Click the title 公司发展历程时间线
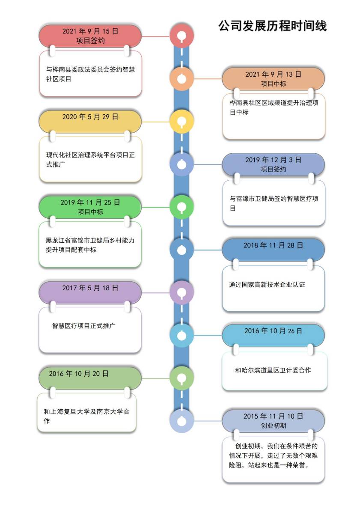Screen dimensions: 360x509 click(x=272, y=26)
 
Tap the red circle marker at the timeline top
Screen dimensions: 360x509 click(x=182, y=36)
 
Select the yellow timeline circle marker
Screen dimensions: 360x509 click(x=182, y=122)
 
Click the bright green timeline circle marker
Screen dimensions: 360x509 click(x=182, y=207)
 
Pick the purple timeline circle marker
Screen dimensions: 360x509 click(x=182, y=292)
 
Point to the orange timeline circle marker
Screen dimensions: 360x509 click(x=182, y=79)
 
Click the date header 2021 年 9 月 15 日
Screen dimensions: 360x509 click(x=90, y=31)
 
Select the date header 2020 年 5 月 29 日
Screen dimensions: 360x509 click(x=90, y=117)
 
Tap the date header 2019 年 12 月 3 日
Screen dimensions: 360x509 click(x=274, y=160)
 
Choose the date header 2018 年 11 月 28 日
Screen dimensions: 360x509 click(x=274, y=245)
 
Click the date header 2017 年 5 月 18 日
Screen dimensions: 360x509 click(x=90, y=288)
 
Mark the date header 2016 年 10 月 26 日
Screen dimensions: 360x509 click(x=274, y=331)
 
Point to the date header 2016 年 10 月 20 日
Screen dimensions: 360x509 click(x=79, y=374)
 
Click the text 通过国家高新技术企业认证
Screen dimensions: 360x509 click(x=267, y=285)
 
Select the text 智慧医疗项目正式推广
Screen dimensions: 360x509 click(x=84, y=326)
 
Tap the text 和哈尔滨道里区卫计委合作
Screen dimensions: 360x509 click(x=273, y=370)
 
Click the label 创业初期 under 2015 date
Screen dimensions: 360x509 click(x=274, y=426)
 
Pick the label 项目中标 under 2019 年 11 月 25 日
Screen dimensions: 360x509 click(x=90, y=211)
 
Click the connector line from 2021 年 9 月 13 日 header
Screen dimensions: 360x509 click(x=208, y=79)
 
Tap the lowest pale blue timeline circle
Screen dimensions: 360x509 click(x=182, y=421)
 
